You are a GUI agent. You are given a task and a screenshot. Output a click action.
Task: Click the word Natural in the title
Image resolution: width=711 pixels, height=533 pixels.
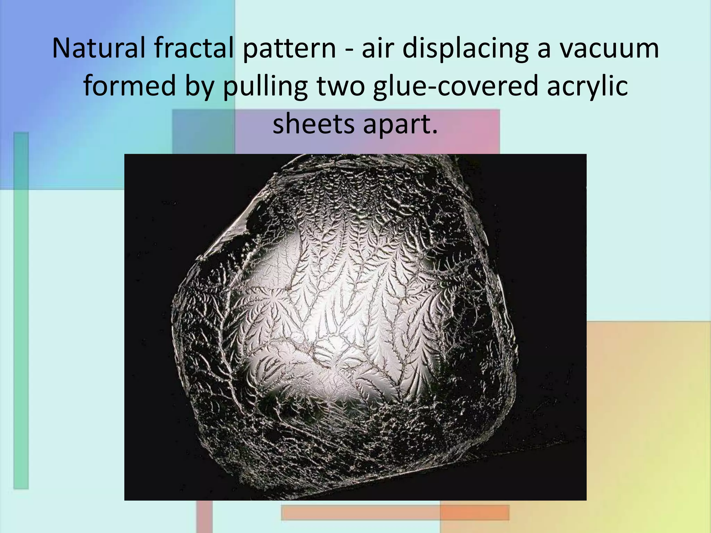(x=99, y=48)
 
